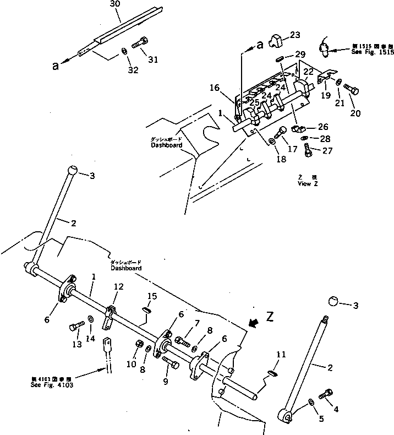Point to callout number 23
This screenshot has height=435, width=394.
click(x=295, y=35)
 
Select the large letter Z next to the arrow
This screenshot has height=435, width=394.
click(x=269, y=317)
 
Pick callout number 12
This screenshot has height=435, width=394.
click(x=119, y=286)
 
